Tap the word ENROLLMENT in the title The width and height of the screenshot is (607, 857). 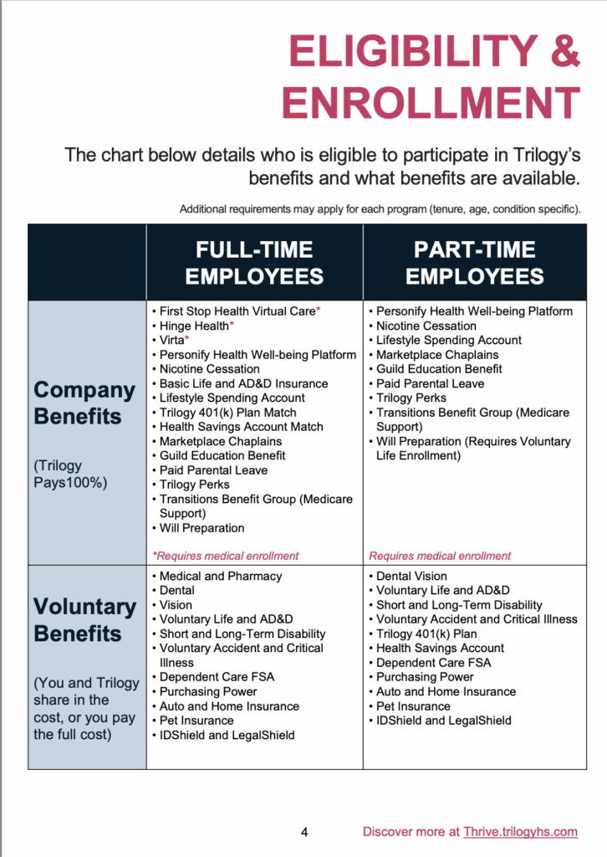[431, 104]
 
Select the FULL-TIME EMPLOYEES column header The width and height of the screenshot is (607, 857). [254, 263]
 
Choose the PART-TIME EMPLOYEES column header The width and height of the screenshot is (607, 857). [475, 263]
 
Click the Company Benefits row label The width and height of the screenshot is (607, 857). [84, 403]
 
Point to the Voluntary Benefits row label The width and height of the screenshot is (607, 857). [84, 619]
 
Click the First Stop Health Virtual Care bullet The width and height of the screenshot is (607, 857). [237, 311]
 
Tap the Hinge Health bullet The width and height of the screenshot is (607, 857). [193, 326]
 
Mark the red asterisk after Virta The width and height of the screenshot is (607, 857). [187, 340]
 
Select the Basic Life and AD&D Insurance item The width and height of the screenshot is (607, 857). [243, 383]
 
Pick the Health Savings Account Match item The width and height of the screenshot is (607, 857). [241, 427]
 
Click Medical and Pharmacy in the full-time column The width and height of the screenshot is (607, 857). [221, 576]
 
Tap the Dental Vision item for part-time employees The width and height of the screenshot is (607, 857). [411, 576]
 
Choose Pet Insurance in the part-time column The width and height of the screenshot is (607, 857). [413, 706]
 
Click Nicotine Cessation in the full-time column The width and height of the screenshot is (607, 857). [209, 369]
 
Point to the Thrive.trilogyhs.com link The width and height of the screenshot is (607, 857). [520, 832]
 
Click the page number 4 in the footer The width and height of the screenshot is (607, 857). [304, 832]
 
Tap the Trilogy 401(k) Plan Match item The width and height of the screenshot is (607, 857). [232, 413]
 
